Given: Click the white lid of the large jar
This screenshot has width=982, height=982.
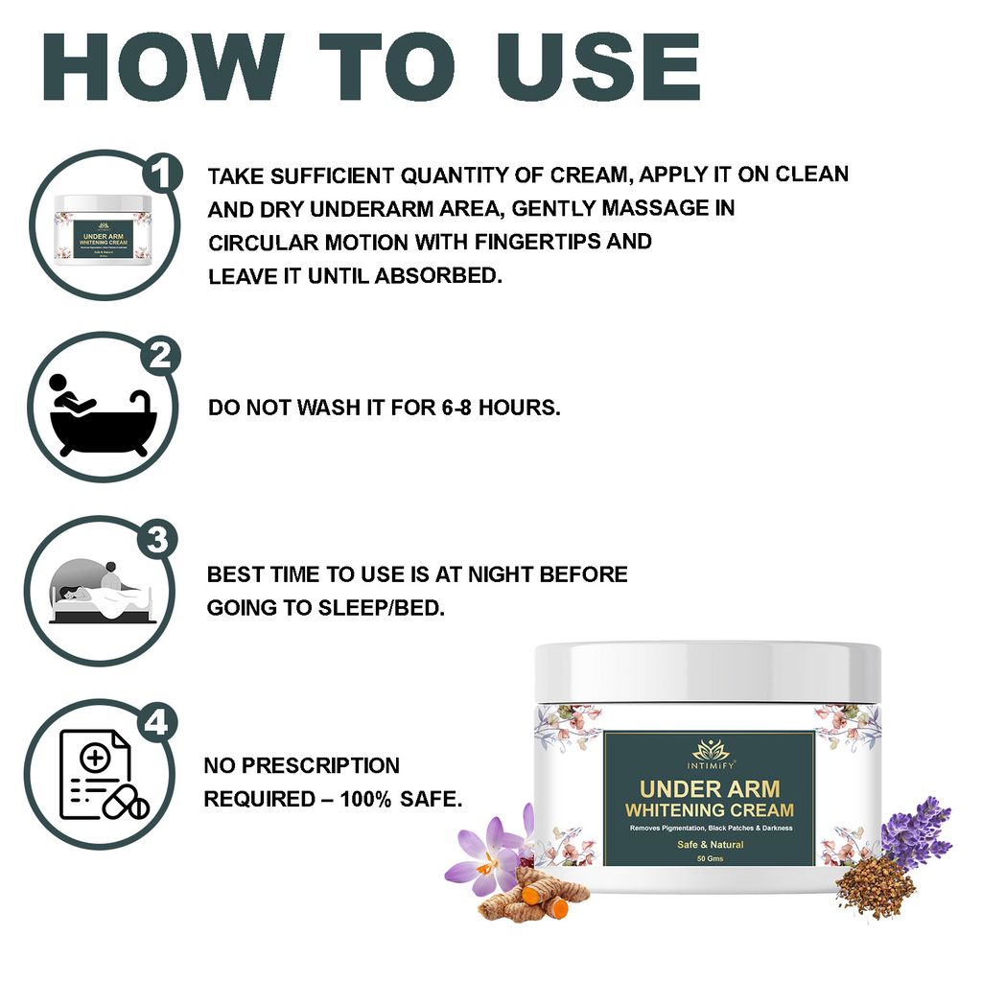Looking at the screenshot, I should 708,671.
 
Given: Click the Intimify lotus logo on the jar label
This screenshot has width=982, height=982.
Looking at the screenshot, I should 710,749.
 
